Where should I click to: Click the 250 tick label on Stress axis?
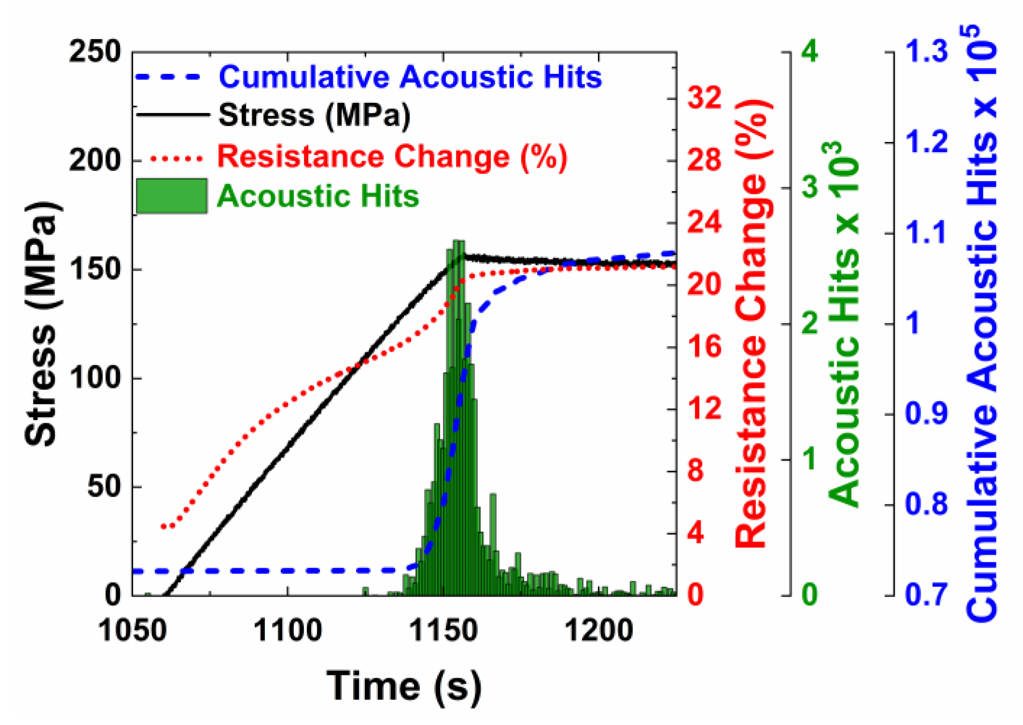coord(95,52)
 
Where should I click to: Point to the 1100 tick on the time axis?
coord(288,630)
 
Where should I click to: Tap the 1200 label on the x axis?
coord(598,630)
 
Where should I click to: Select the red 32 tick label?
coord(704,98)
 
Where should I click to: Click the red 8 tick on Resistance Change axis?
coord(695,471)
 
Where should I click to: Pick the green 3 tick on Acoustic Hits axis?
coord(809,187)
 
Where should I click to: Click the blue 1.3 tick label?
coord(926,52)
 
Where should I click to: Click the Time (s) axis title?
coord(404,685)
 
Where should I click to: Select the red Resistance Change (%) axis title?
coord(751,323)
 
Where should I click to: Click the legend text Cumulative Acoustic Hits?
coord(410,77)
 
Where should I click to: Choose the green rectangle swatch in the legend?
coord(172,196)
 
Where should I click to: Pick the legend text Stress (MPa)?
coord(314,116)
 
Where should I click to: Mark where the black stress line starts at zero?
coord(166,594)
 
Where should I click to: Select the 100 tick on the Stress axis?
coord(95,378)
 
